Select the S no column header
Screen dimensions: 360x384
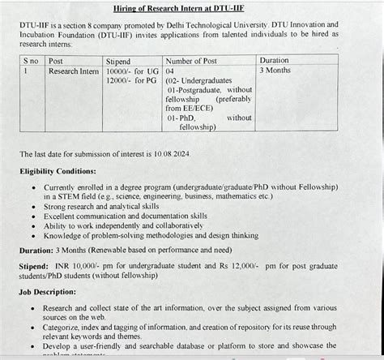[x=32, y=61]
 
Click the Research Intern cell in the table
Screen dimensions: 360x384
[x=74, y=71]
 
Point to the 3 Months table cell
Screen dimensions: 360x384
[x=277, y=71]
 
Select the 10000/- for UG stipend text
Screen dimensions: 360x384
[x=130, y=71]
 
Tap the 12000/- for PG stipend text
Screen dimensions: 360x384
[x=130, y=82]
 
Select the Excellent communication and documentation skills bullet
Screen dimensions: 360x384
[x=130, y=216]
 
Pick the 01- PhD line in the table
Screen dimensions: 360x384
[x=184, y=118]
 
